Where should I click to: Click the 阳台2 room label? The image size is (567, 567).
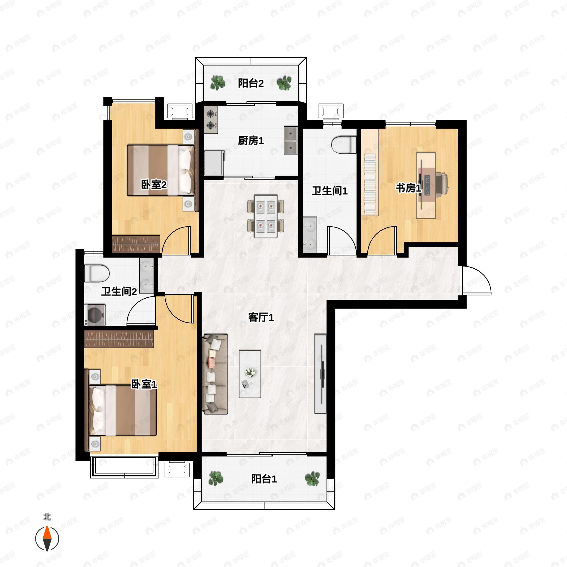(251, 83)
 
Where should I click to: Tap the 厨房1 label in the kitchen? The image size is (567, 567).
(251, 141)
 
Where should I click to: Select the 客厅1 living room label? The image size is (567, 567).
(261, 317)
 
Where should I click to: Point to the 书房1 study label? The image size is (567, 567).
(408, 188)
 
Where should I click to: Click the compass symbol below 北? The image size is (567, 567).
(47, 539)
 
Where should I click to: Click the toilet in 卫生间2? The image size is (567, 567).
(97, 273)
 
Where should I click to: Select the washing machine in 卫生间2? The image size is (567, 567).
(95, 315)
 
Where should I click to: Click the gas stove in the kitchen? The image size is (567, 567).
(211, 120)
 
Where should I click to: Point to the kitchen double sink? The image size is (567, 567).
(291, 141)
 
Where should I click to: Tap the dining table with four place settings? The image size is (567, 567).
(266, 216)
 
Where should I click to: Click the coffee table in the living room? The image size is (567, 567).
(250, 374)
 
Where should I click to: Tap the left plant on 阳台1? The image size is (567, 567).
(216, 478)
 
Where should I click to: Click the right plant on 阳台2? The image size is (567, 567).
(284, 83)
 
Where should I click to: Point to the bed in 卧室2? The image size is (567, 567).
(161, 170)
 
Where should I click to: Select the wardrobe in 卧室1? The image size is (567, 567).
(119, 339)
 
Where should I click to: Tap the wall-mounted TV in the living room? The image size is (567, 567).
(321, 374)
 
